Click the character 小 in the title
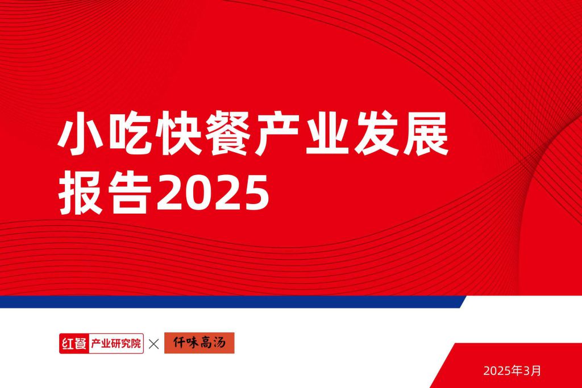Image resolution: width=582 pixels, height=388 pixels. coord(80,133)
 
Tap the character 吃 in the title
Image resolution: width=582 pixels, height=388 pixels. coord(130,133)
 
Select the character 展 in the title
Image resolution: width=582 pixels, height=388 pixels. coord(426,133)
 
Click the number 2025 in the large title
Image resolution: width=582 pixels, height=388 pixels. coord(213,193)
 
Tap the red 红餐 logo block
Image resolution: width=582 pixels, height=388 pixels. coord(74,344)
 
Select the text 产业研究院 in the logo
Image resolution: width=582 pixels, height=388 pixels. coord(116,344)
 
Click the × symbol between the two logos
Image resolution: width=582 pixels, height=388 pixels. coord(153,344)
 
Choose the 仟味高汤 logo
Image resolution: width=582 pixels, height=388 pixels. coord(199,343)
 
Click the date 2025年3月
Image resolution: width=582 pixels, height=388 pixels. coord(512,370)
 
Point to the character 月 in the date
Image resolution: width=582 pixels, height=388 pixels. coord(537,370)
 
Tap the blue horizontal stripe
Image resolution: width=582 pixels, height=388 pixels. coord(233,302)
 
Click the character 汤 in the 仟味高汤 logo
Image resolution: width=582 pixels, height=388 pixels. coord(219,343)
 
